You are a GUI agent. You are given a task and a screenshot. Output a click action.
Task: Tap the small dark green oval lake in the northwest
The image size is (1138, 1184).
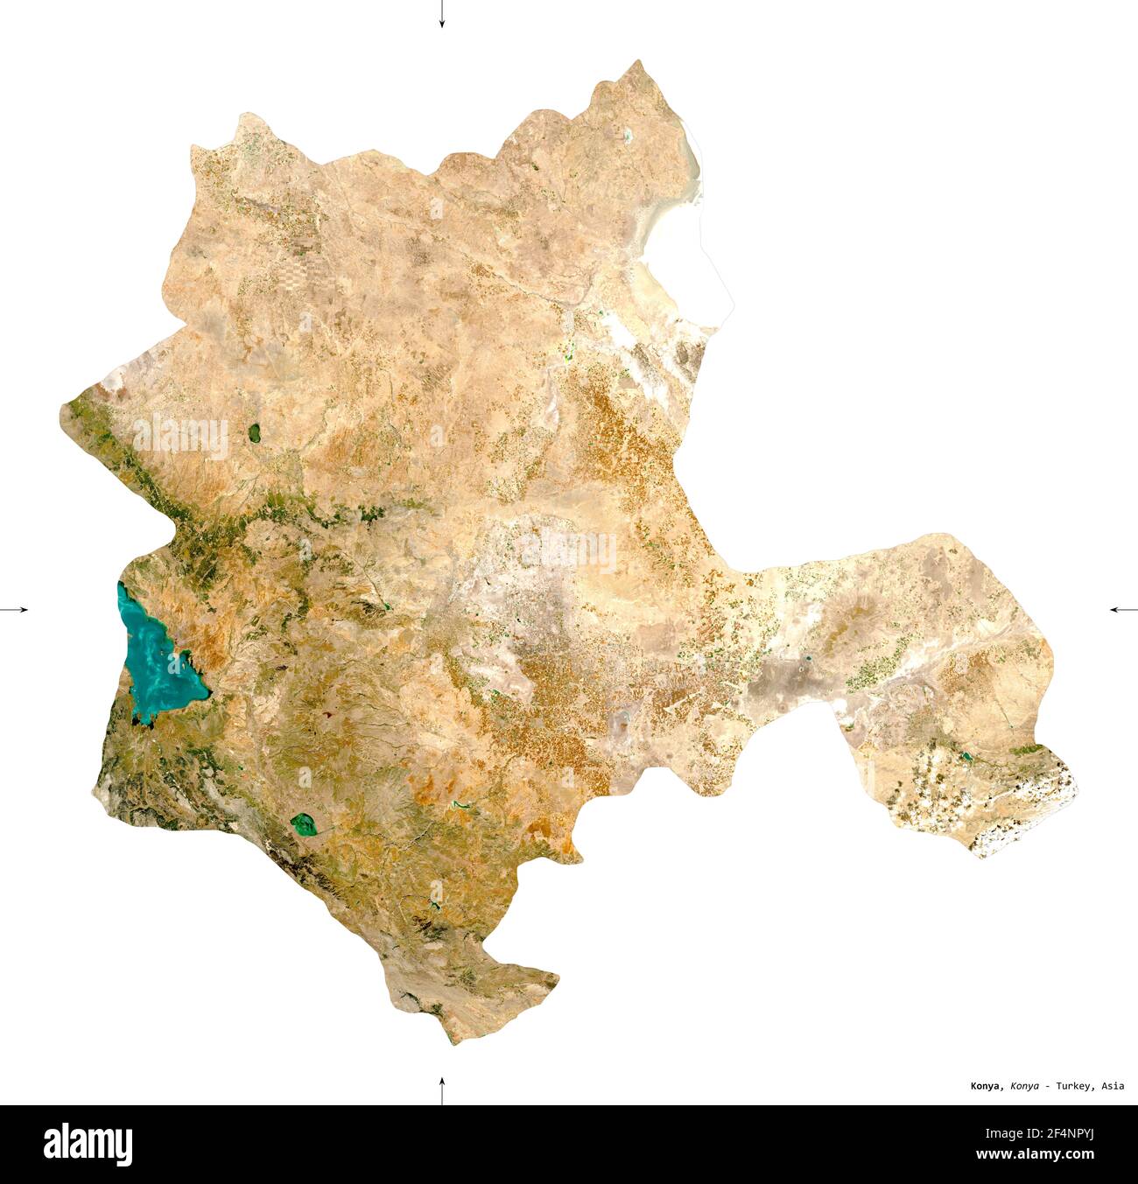(254, 431)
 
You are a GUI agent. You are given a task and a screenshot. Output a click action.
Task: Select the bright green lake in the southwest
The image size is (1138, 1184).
(304, 823)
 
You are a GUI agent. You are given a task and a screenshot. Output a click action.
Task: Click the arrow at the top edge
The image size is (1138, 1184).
(442, 14)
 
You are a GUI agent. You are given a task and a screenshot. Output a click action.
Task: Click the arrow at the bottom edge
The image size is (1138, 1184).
(442, 1090)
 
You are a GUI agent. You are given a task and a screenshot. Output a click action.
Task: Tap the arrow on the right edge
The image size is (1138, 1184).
(1122, 609)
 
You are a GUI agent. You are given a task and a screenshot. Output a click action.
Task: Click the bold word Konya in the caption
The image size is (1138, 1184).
(987, 1086)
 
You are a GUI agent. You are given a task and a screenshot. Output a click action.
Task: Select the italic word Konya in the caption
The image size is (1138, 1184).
(1024, 1086)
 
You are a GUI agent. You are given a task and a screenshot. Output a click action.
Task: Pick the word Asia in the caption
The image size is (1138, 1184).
(1113, 1086)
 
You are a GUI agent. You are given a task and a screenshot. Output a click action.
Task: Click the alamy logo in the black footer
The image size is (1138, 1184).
(88, 1145)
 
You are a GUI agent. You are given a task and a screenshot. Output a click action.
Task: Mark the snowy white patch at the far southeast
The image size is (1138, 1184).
(1033, 814)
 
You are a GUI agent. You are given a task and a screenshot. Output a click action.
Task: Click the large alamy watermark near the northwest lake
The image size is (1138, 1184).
(179, 437)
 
